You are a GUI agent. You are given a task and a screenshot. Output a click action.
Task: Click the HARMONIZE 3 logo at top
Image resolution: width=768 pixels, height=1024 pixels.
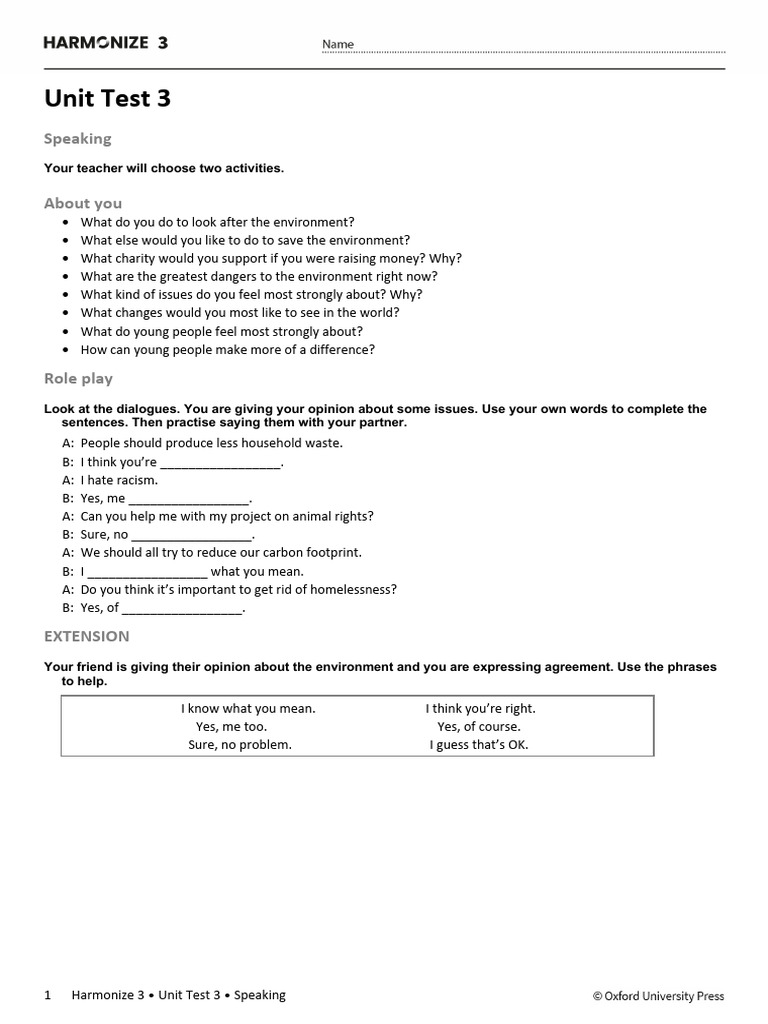point(106,42)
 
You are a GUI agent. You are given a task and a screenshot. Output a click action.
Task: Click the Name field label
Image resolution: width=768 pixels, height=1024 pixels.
point(338,45)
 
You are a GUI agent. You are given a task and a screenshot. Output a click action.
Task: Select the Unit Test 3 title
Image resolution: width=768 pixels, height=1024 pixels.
point(107,98)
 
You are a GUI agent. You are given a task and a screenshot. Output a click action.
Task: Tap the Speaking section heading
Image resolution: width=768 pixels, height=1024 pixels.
point(77,138)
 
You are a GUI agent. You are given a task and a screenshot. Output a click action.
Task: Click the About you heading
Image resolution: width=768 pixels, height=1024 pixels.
point(82,203)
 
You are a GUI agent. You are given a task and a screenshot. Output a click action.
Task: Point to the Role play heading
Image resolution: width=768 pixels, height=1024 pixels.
point(78,378)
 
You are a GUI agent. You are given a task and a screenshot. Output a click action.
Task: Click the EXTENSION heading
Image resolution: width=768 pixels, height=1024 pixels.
point(86,636)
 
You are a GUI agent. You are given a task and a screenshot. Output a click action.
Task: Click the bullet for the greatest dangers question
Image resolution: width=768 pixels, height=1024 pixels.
point(66,277)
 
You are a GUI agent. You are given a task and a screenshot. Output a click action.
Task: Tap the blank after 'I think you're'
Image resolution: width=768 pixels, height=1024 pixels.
point(220,463)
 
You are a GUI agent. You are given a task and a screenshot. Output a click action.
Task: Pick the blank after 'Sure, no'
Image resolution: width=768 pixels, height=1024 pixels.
point(192,535)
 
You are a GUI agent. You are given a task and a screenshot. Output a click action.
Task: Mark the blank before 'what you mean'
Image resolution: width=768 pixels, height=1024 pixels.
point(147,572)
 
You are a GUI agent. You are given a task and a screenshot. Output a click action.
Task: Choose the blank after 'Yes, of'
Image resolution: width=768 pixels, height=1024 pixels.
point(182,608)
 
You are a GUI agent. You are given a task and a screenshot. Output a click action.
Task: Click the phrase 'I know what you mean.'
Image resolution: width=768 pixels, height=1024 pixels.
point(248,708)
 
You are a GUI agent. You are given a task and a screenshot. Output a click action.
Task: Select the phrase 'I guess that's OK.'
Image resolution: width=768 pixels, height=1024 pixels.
point(479,745)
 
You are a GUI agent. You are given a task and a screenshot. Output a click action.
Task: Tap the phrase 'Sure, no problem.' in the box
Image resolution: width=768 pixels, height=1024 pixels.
point(240,745)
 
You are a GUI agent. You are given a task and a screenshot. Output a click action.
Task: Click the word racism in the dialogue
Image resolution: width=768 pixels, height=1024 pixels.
point(137,480)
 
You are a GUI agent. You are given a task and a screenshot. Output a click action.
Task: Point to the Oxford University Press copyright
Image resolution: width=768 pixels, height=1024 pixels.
point(658,996)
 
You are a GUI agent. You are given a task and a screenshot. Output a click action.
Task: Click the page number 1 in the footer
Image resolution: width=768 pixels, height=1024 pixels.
point(48,995)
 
